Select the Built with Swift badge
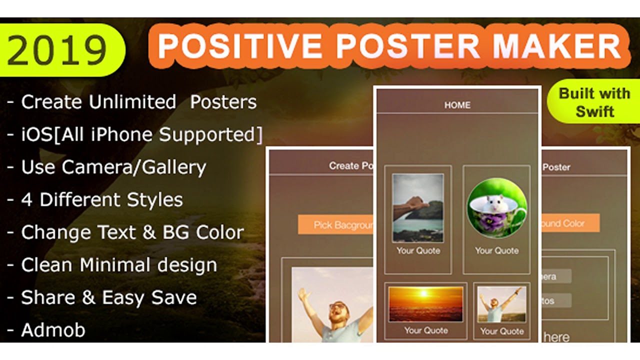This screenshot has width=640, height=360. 594,102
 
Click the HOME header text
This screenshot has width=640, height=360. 457,105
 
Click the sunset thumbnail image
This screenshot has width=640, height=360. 426,303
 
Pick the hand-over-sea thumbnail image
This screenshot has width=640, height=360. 418,208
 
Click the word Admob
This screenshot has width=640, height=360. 53,330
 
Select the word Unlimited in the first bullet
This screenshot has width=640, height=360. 132,102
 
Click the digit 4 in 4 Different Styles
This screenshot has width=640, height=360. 26,200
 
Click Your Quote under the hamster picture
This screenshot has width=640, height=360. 496,250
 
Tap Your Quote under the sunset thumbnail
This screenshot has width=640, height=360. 426,330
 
